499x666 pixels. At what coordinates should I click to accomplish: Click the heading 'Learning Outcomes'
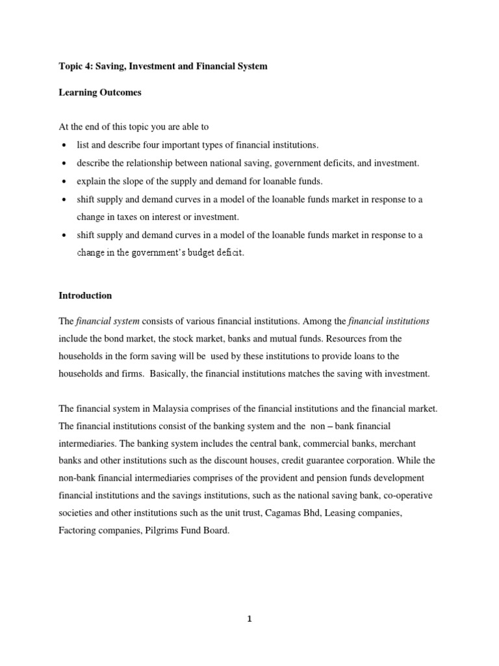pyautogui.click(x=100, y=93)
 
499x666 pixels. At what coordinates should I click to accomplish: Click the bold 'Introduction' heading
pyautogui.click(x=85, y=295)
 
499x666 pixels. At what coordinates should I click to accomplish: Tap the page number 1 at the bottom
pyautogui.click(x=249, y=619)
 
